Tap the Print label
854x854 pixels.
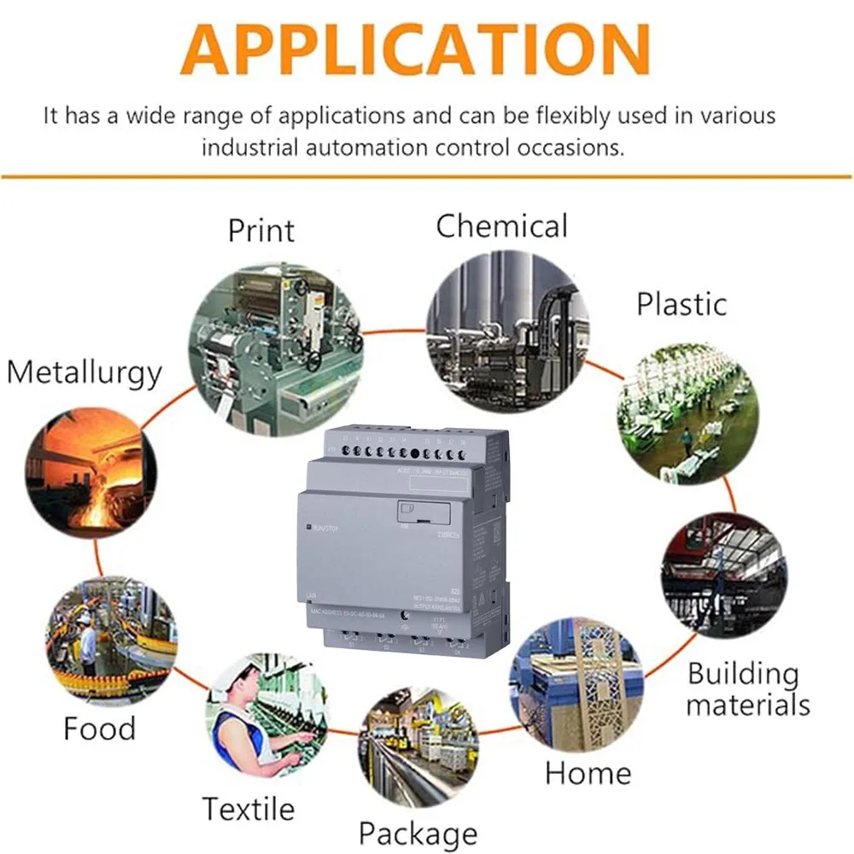tap(260, 230)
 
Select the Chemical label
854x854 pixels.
tap(501, 226)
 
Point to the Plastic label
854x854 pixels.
tap(681, 304)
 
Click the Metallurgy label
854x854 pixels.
tap(84, 372)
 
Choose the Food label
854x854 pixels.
tap(99, 728)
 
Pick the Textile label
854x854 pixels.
tap(248, 808)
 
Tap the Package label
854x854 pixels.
tap(418, 833)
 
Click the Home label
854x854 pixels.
tap(588, 773)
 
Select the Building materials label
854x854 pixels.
tap(747, 689)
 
